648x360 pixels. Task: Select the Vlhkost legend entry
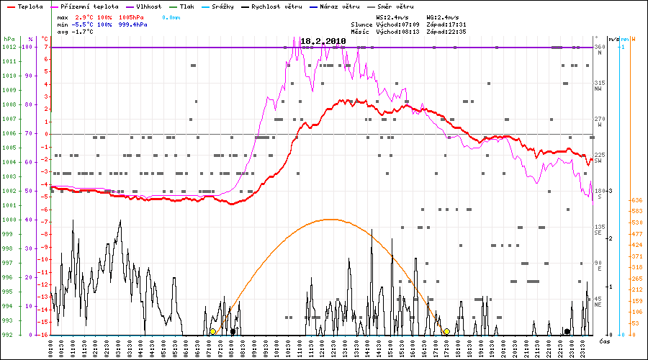tap(147, 6)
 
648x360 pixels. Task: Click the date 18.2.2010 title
tap(323, 42)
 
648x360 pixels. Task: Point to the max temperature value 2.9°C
tap(85, 16)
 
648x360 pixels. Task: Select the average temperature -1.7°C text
tap(84, 32)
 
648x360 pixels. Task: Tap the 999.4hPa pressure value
tap(133, 24)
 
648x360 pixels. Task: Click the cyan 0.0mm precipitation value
tap(170, 16)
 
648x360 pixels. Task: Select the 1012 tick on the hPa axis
tap(9, 47)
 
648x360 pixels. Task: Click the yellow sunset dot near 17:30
tap(447, 331)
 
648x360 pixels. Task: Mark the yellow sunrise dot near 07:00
tap(212, 331)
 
